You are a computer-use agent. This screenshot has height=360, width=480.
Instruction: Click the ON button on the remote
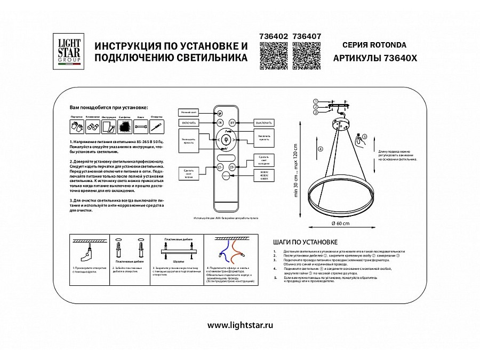point(220,123)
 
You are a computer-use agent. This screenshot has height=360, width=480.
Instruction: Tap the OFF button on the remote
point(233,123)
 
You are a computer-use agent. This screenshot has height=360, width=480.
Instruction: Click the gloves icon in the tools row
point(75,126)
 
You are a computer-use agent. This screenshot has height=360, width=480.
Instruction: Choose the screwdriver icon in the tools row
point(156,126)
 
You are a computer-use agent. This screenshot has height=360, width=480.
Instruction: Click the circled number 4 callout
point(320,149)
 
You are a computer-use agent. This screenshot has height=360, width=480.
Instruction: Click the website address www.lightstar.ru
point(239,325)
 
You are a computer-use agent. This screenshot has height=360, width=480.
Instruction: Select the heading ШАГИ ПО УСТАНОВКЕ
point(304,241)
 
